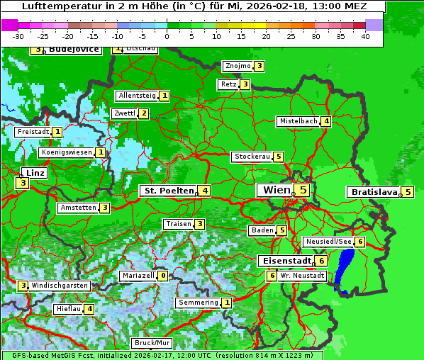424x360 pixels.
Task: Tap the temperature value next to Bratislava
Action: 408,192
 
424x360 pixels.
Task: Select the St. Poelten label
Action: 167,191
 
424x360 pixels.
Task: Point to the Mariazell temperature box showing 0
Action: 163,276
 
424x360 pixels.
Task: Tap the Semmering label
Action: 198,303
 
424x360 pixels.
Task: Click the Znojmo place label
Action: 238,66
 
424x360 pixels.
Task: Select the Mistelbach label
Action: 298,121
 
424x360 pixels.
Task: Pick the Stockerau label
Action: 252,157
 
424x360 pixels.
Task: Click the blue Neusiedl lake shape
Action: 346,266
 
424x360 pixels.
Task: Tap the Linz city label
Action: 34,173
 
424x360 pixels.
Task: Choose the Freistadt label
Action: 33,132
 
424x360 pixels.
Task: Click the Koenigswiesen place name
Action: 66,152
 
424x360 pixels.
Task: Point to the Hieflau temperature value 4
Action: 89,309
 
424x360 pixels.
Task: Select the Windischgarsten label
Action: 60,286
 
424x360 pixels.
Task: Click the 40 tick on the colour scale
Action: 365,35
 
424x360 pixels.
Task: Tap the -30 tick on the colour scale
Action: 18,35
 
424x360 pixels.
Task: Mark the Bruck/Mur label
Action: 152,343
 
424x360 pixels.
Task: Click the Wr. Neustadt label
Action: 302,276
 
